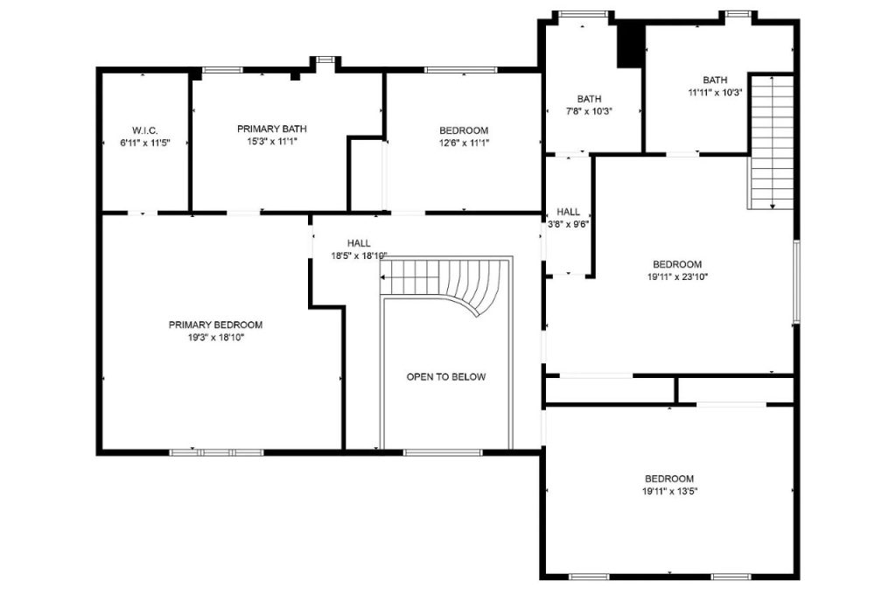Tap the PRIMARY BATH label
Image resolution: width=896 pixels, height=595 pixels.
click(x=271, y=129)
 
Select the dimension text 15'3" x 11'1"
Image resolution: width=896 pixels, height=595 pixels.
click(x=271, y=141)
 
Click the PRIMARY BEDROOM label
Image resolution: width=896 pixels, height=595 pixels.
click(x=215, y=325)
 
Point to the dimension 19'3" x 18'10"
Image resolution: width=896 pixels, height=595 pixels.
click(x=215, y=337)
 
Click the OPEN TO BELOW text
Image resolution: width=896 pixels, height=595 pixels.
click(x=445, y=377)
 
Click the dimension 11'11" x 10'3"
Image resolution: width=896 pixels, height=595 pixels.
click(x=715, y=92)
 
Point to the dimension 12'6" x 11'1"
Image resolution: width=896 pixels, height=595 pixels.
click(x=463, y=143)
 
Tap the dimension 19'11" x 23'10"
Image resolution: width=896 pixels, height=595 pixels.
click(x=677, y=276)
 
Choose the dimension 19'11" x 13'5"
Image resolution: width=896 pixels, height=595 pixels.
click(x=669, y=491)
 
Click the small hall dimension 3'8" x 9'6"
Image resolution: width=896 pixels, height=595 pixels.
click(x=568, y=223)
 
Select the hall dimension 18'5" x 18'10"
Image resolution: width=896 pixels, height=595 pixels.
click(x=358, y=256)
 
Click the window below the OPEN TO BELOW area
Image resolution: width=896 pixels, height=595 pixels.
click(x=443, y=452)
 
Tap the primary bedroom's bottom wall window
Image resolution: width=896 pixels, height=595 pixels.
click(x=216, y=452)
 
